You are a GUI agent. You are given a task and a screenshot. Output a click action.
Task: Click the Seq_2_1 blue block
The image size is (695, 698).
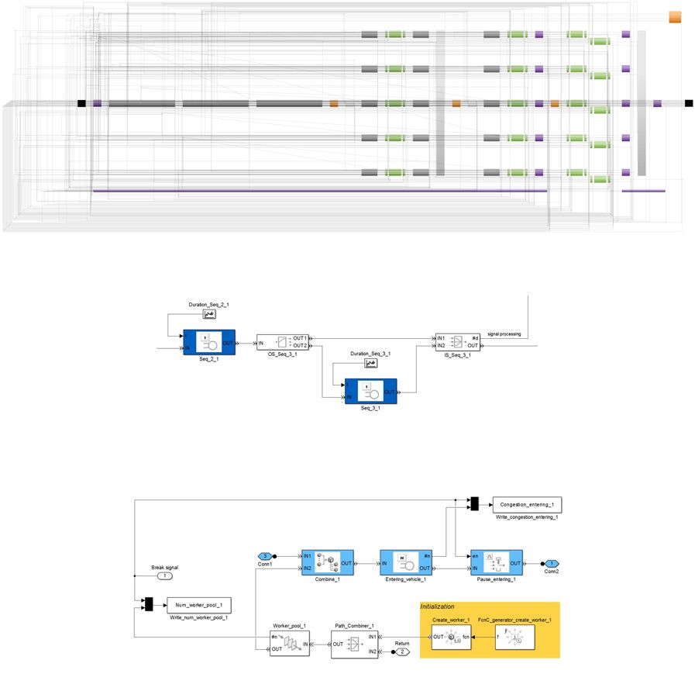pos(209,342)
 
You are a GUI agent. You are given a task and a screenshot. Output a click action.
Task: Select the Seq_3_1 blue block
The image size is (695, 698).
pos(370,391)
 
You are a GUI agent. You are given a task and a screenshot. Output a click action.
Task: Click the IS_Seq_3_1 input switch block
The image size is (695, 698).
pos(457,342)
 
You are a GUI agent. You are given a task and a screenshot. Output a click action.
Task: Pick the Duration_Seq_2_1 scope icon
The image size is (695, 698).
pos(209,314)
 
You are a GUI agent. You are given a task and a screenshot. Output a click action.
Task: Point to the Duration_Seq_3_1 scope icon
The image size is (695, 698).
pos(370,363)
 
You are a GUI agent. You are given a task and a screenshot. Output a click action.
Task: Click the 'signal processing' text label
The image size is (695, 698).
pos(504,334)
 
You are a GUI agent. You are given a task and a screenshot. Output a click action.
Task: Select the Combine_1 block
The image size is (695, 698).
pos(327,562)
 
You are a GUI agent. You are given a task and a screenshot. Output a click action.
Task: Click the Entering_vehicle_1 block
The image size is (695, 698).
pos(405,562)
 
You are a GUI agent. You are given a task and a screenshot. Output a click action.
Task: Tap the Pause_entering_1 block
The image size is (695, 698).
pos(497,562)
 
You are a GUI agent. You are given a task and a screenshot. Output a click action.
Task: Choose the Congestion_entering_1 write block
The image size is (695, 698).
pos(526,504)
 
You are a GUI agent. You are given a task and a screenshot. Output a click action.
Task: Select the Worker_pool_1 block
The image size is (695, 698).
pos(289,643)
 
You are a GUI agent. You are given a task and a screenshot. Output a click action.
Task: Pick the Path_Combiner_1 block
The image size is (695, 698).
pos(354,643)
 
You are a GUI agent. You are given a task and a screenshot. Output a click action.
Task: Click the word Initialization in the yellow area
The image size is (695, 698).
pos(437,606)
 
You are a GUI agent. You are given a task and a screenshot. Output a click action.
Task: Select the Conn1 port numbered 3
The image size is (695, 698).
pos(266,556)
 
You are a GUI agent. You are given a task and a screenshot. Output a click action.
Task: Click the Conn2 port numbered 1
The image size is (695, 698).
pos(551,564)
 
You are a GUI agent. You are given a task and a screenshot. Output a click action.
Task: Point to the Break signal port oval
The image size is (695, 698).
pos(164,576)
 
